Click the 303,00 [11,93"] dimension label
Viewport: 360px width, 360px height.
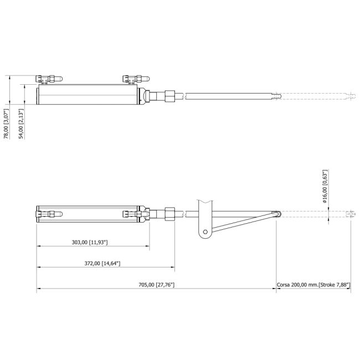(x=90, y=242)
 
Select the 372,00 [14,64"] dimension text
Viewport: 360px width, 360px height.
(x=102, y=263)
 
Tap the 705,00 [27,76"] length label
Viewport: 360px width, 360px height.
(x=157, y=285)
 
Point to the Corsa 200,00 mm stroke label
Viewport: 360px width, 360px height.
(x=313, y=285)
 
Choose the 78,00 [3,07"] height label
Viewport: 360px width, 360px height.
(x=6, y=124)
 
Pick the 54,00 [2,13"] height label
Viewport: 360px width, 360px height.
(x=21, y=124)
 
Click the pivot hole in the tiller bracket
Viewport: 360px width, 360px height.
(x=205, y=232)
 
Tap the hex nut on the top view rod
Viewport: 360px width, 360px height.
(x=170, y=96)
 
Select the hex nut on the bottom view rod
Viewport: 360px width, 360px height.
(x=170, y=214)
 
